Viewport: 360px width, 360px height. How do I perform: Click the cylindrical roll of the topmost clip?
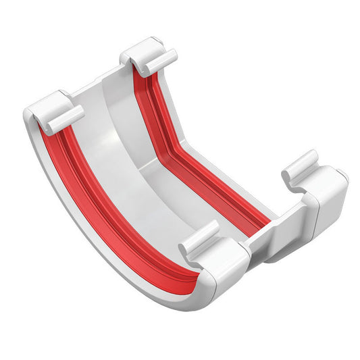coord(160,61)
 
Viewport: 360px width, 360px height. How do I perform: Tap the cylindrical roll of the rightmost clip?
coord(299,166)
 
